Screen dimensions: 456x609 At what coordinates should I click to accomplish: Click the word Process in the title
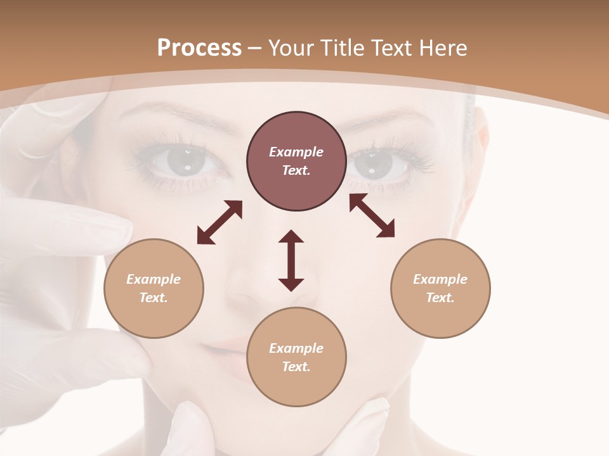(x=199, y=48)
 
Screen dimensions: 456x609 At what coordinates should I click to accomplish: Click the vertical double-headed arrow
(x=291, y=260)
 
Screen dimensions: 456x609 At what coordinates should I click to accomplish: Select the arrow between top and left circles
(x=219, y=222)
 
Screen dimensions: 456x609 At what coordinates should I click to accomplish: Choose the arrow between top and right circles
(x=372, y=215)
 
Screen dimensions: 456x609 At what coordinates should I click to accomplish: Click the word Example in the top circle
(x=296, y=152)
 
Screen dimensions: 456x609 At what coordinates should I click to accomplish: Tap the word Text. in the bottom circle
(x=296, y=367)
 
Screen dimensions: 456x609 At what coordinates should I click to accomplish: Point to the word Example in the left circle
(x=154, y=279)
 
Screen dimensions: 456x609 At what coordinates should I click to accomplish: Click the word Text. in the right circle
(x=440, y=298)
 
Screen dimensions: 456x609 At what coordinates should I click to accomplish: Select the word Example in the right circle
(x=440, y=279)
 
